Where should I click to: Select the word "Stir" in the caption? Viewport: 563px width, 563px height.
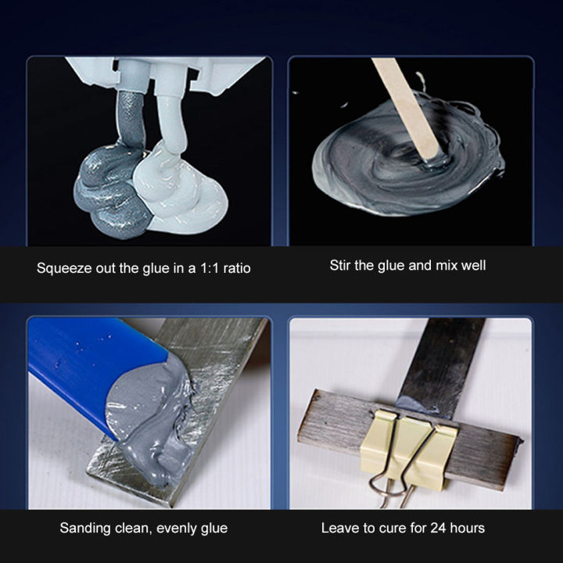coord(342,266)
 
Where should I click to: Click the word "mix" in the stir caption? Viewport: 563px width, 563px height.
coord(439,266)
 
